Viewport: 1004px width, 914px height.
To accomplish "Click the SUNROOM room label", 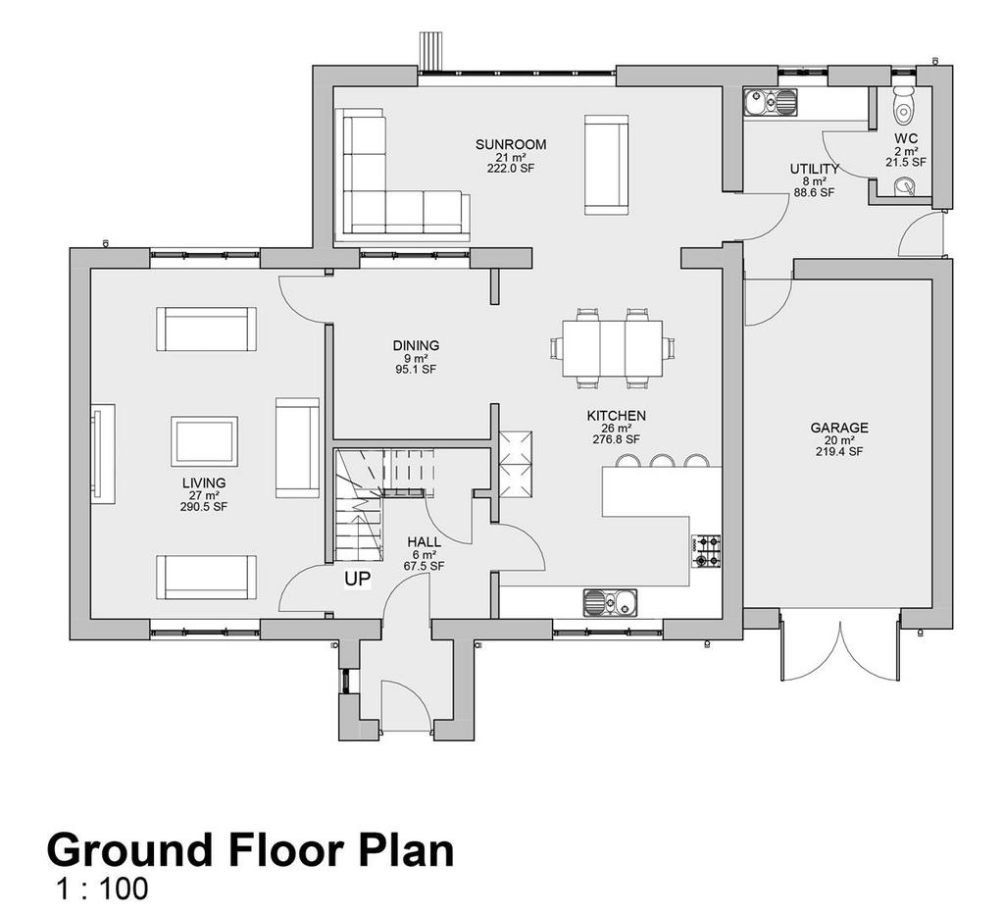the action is [511, 145].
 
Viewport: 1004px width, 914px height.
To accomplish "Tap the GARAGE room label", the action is [839, 428].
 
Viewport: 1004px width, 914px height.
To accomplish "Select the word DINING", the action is [416, 346].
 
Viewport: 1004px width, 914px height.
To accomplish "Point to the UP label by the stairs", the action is [358, 579].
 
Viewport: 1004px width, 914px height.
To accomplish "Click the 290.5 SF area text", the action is [204, 507].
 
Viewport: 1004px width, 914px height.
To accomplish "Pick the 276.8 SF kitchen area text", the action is [616, 439].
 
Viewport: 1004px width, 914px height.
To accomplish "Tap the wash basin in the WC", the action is [905, 185].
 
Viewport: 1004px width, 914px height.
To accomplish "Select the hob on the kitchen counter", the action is [705, 551].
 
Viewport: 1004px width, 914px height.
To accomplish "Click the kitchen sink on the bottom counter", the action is [610, 603].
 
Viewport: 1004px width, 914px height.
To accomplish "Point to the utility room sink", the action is [771, 102].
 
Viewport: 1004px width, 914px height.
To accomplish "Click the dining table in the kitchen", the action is [612, 348].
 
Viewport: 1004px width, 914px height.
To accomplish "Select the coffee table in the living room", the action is [204, 441].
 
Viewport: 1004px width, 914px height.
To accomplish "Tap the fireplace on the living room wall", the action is [102, 453].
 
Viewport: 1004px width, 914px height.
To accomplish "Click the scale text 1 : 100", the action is [102, 889].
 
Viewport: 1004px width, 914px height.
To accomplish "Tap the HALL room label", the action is [424, 542].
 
